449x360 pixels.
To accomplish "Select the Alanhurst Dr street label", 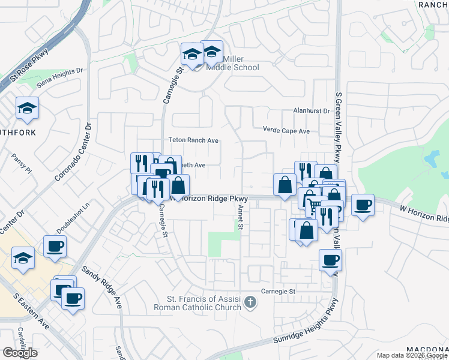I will tap(312, 111).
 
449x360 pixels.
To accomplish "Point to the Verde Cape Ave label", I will tap(286, 130).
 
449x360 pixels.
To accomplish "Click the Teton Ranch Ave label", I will tap(193, 140).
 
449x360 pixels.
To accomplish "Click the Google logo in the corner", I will tap(20, 353).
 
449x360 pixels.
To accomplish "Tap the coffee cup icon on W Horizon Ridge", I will tap(363, 205).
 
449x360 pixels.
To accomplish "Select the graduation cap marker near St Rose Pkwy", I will tap(27, 108).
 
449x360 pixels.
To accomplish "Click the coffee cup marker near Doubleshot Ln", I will tap(55, 246).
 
